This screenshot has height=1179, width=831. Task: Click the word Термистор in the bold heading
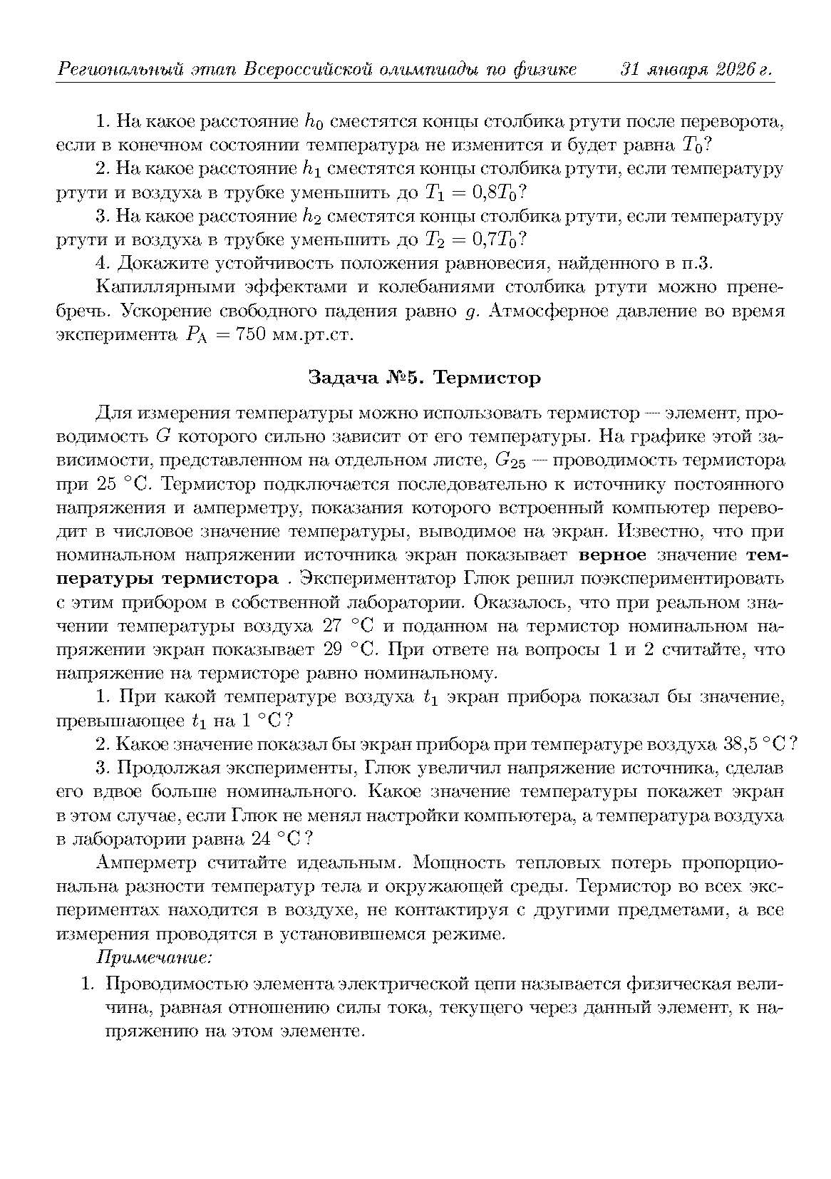coord(487,377)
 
